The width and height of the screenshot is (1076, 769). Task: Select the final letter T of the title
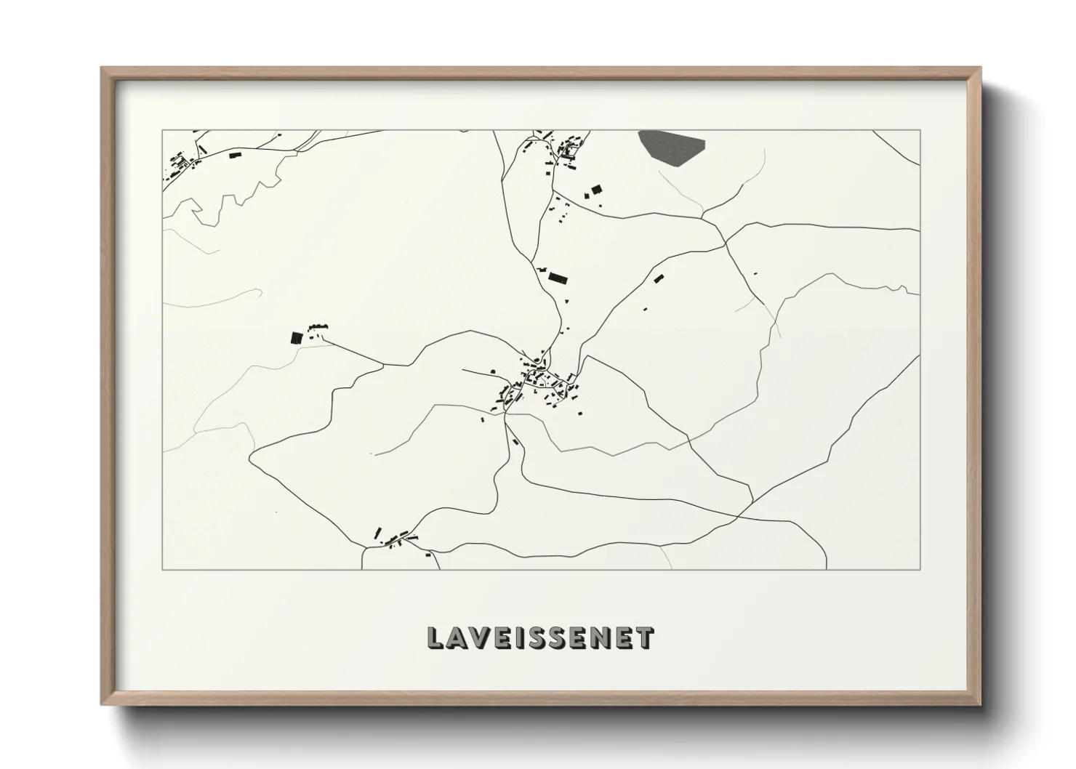pyautogui.click(x=644, y=637)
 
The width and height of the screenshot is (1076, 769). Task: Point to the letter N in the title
pyautogui.click(x=599, y=637)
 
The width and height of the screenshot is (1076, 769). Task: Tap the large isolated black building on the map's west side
pyautogui.click(x=296, y=337)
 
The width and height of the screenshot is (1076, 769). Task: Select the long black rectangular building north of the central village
pyautogui.click(x=558, y=278)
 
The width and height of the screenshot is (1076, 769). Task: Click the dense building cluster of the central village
pyautogui.click(x=538, y=383)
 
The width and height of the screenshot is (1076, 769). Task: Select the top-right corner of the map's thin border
pyautogui.click(x=920, y=131)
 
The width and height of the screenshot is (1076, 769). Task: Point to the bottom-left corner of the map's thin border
pyautogui.click(x=163, y=569)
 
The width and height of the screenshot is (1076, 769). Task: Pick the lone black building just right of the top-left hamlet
pyautogui.click(x=234, y=155)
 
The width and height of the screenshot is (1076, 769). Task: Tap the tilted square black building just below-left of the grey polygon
pyautogui.click(x=597, y=190)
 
